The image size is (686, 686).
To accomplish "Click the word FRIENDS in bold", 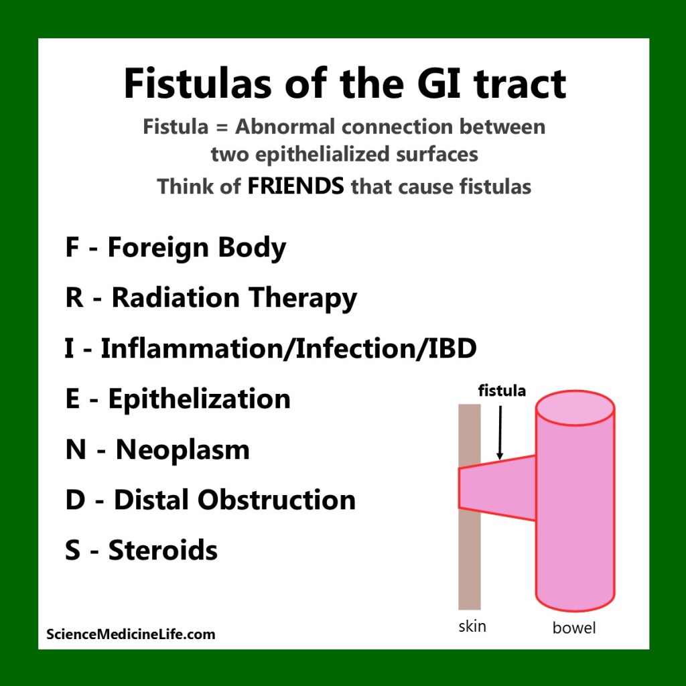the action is (295, 186).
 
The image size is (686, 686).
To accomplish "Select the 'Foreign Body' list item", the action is (196, 249).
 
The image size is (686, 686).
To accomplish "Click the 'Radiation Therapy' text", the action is (234, 299).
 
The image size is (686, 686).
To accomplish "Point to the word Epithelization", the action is (199, 399).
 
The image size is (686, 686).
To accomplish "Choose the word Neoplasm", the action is (182, 450).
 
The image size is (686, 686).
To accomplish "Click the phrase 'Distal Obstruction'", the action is (234, 500).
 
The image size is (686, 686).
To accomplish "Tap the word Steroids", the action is (163, 550).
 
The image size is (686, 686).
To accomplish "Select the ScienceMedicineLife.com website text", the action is (131, 634).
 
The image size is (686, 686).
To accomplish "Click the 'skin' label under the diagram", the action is (472, 627).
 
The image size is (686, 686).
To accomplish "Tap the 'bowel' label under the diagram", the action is (574, 628).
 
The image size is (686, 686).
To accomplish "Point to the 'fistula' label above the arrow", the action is (502, 391).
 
